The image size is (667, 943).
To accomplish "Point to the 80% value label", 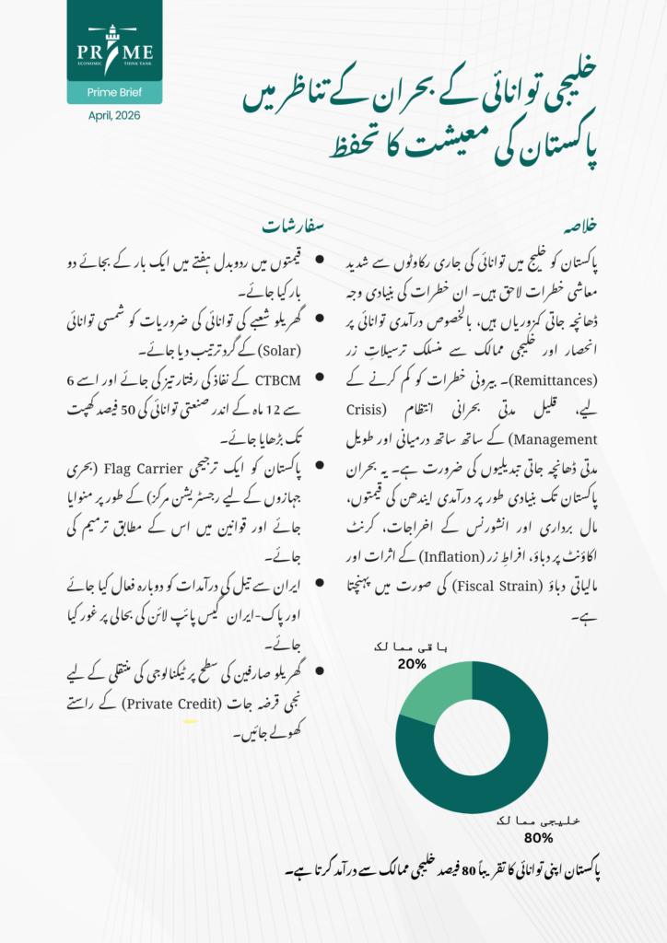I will pos(539,838).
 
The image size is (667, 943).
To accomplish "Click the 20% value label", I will pos(411,663).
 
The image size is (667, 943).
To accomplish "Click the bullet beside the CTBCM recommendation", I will pos(320,380).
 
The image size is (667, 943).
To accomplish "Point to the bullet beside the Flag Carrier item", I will pos(320,470).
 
